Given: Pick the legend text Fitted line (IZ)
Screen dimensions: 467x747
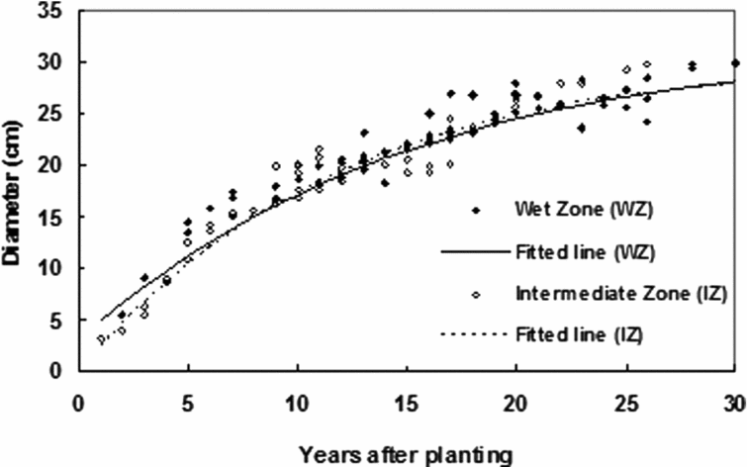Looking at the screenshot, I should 580,335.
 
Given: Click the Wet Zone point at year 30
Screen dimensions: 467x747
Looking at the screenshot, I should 734,63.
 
